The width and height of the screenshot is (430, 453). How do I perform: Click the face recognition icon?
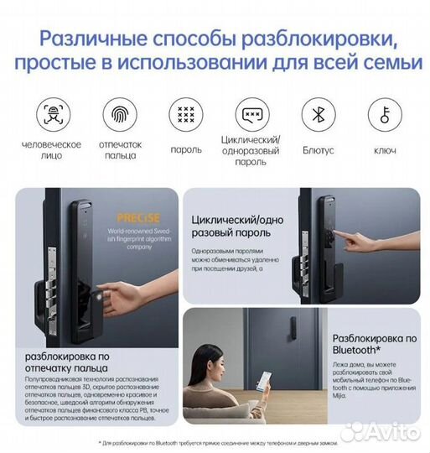click(52, 115)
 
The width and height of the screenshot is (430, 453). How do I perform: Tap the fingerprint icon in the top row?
click(121, 115)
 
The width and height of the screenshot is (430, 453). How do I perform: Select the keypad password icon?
click(185, 115)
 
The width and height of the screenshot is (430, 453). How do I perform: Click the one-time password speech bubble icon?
click(251, 115)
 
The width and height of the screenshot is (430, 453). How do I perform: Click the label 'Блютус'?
click(317, 151)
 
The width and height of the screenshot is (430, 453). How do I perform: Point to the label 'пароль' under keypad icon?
click(185, 151)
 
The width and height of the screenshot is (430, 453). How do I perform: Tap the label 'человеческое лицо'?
click(52, 150)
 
